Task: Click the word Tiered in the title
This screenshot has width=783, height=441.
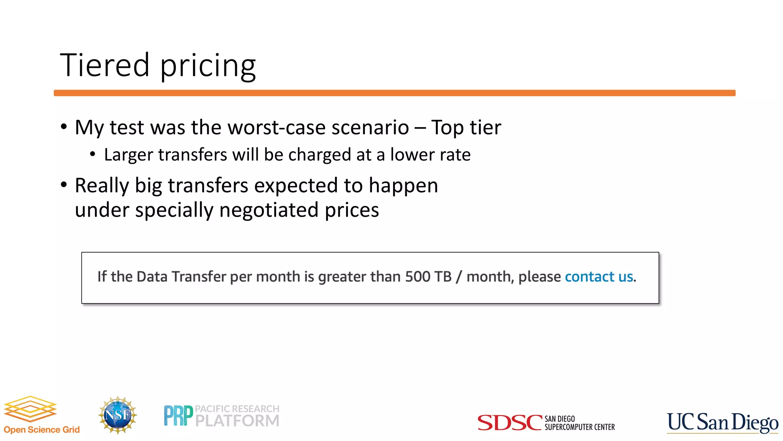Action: (104, 65)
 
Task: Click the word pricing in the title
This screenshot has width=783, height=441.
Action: (208, 66)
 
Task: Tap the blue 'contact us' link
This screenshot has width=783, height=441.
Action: (599, 276)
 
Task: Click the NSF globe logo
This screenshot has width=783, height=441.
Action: (117, 415)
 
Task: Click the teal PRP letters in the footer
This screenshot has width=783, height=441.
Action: (178, 416)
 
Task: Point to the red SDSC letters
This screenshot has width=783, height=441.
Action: (510, 423)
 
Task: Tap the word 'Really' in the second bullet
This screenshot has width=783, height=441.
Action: (102, 186)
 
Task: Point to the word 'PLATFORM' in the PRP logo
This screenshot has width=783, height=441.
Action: (237, 421)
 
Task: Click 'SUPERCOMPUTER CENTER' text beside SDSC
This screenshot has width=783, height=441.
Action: (580, 427)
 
